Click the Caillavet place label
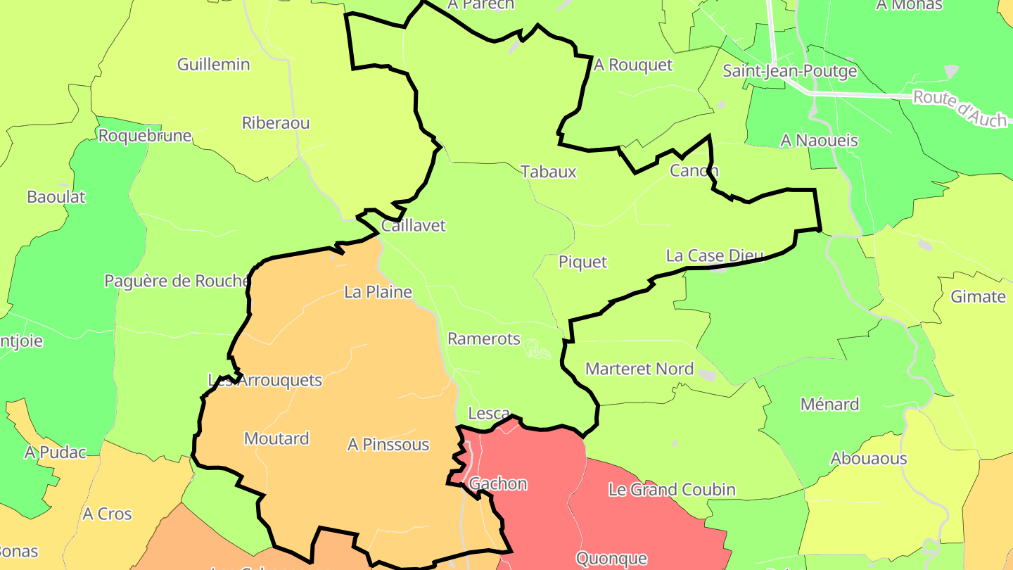click(x=414, y=226)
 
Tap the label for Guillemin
click(x=213, y=65)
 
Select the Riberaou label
click(x=276, y=123)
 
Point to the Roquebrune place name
click(x=145, y=136)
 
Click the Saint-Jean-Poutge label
click(x=790, y=71)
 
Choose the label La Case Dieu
click(x=715, y=255)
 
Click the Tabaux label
click(x=549, y=172)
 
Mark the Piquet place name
click(x=582, y=262)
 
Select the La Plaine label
click(x=378, y=291)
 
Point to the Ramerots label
click(x=484, y=338)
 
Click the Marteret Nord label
click(x=639, y=369)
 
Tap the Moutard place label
click(x=276, y=438)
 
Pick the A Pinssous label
click(x=388, y=445)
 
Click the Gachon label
click(x=498, y=484)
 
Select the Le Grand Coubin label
click(x=672, y=490)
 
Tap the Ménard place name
click(x=829, y=405)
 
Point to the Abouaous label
click(x=869, y=459)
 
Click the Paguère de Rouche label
click(x=177, y=281)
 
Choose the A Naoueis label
click(x=820, y=141)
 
